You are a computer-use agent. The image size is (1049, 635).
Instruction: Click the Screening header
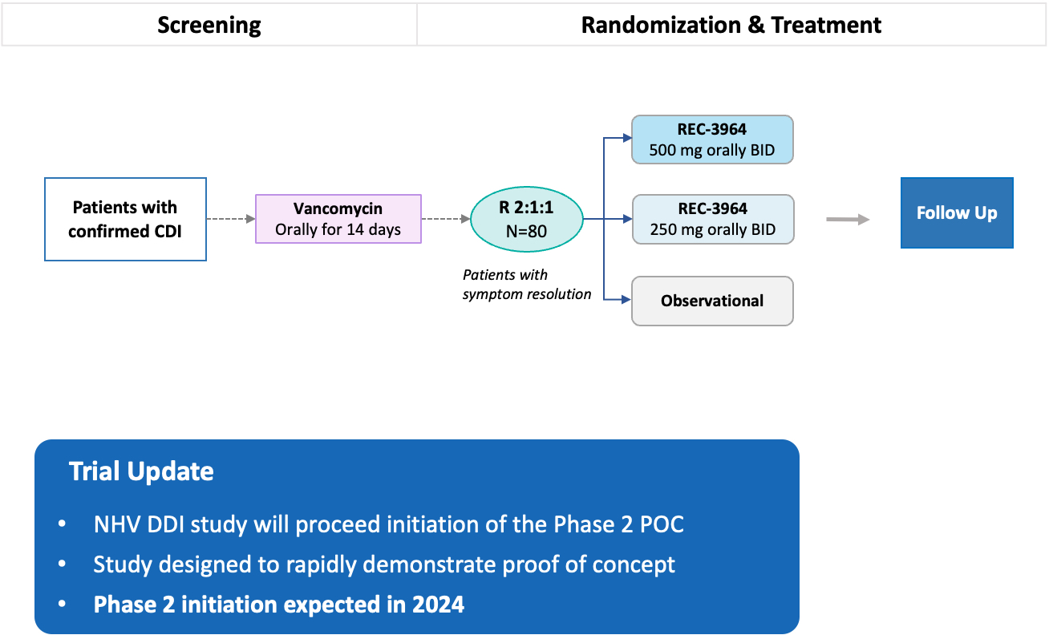209,25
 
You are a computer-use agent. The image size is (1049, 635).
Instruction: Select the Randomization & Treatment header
731,25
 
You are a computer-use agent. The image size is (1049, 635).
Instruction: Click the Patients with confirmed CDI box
125,219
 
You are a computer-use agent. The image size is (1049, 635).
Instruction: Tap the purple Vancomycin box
338,219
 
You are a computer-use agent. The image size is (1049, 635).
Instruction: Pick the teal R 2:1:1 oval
526,219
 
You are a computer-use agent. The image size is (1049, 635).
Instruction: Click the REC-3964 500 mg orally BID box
712,140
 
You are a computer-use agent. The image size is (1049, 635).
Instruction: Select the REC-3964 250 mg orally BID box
712,219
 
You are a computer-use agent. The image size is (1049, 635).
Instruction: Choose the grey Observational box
712,301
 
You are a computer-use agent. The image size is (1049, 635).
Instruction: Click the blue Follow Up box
957,213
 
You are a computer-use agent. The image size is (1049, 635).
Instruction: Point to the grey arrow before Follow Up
848,219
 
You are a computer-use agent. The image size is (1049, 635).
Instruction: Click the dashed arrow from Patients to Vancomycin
231,219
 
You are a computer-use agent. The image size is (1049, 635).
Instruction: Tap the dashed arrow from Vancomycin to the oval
446,219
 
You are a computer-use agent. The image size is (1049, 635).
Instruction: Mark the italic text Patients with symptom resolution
526,285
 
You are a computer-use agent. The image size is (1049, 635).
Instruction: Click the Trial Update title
141,471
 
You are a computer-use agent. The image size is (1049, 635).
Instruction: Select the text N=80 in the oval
526,230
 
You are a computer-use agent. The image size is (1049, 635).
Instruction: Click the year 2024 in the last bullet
438,604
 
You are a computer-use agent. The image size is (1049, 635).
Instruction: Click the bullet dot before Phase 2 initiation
63,605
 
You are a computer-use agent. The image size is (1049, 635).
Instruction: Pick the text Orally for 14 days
338,230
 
